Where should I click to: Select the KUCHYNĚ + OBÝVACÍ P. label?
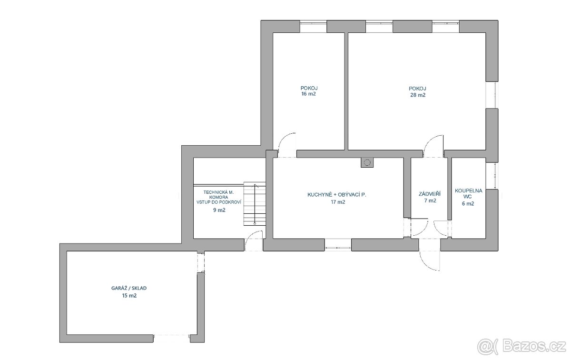click(x=336, y=195)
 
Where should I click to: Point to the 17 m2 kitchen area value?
click(x=337, y=202)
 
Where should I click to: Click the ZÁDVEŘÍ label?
click(x=430, y=194)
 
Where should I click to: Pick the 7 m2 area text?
click(x=430, y=201)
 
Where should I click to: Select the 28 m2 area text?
click(x=417, y=95)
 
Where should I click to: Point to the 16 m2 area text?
click(x=308, y=94)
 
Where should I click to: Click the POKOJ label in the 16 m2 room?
click(x=309, y=88)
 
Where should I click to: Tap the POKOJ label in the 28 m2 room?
click(x=417, y=88)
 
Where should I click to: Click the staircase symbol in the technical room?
click(x=255, y=203)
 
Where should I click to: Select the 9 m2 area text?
click(x=219, y=210)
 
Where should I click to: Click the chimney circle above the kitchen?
click(x=367, y=163)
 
